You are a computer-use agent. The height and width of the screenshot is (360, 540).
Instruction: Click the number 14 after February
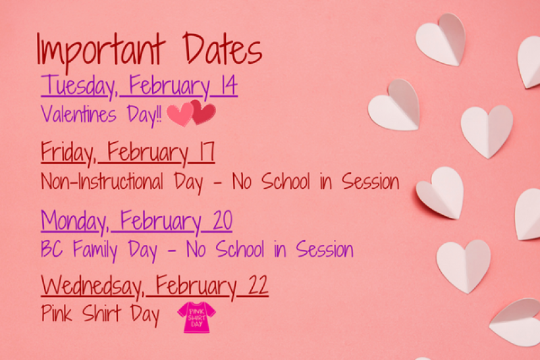226,86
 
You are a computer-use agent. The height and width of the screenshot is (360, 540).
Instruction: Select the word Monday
74,222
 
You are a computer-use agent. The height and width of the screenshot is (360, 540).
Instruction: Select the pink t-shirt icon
196,317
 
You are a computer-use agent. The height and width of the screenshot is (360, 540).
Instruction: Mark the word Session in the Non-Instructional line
368,182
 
